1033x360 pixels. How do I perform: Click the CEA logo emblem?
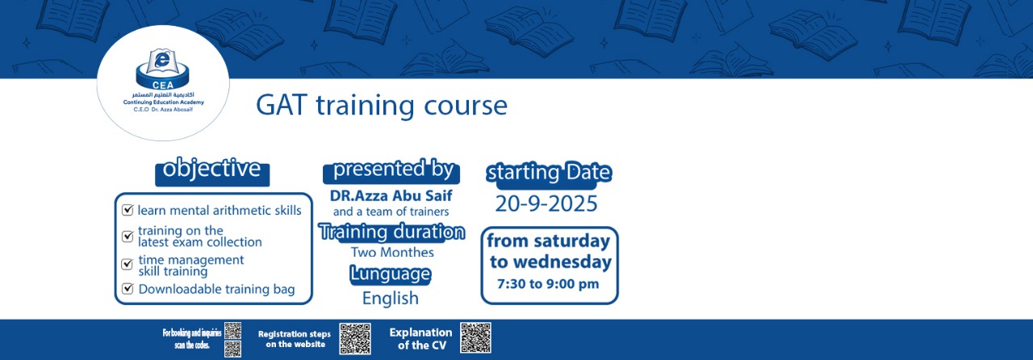pyautogui.click(x=162, y=69)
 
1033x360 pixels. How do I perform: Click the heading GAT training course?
pyautogui.click(x=382, y=106)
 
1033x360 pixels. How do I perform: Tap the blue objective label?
pyautogui.click(x=212, y=171)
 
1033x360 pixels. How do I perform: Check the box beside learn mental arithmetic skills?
pyautogui.click(x=128, y=210)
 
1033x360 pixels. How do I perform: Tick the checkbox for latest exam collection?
pyautogui.click(x=128, y=237)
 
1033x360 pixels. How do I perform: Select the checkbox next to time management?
pyautogui.click(x=128, y=264)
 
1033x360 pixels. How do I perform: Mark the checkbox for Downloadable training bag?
pyautogui.click(x=128, y=289)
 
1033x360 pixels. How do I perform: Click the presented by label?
pyautogui.click(x=391, y=171)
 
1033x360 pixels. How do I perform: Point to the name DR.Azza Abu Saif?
pyautogui.click(x=391, y=195)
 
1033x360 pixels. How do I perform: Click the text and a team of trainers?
pyautogui.click(x=391, y=211)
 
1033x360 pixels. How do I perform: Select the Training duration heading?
pyautogui.click(x=391, y=232)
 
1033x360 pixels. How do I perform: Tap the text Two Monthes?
pyautogui.click(x=392, y=252)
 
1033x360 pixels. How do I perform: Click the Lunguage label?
pyautogui.click(x=390, y=274)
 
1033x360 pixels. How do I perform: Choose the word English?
pyautogui.click(x=391, y=298)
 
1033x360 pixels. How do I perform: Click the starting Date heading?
pyautogui.click(x=549, y=174)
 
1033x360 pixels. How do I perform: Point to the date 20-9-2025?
pyautogui.click(x=546, y=204)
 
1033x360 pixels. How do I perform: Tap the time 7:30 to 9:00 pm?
pyautogui.click(x=548, y=283)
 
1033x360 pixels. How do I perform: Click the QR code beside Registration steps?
pyautogui.click(x=355, y=339)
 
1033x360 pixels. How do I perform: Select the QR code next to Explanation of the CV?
pyautogui.click(x=475, y=338)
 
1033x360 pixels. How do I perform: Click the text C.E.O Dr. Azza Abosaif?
pyautogui.click(x=163, y=110)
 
